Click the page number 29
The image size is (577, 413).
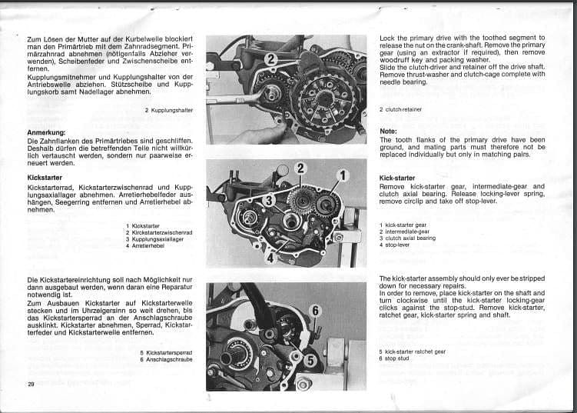pos(31,384)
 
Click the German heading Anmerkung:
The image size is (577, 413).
pos(46,133)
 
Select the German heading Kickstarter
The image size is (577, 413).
pos(45,178)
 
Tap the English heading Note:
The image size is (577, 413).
pos(388,131)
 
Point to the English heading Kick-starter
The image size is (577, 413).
pos(397,178)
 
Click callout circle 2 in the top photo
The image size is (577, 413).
pos(271,58)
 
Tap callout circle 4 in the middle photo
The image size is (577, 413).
pos(270,258)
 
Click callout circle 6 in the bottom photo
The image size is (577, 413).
pos(315,311)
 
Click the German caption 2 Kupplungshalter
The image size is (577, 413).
pos(168,111)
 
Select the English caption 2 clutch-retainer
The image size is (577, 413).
pos(400,110)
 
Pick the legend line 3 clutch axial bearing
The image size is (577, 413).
pos(407,238)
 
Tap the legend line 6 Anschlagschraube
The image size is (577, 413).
pos(166,359)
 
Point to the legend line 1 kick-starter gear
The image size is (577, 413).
pos(403,225)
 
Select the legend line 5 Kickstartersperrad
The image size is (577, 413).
pos(166,352)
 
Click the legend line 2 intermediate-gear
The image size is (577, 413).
pos(404,231)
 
